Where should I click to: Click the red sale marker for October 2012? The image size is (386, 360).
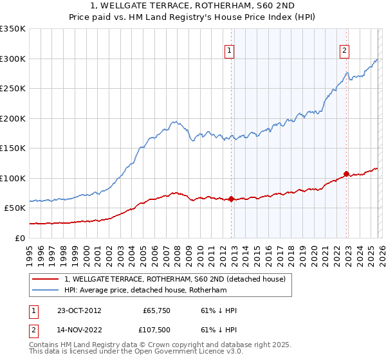pyautogui.click(x=231, y=199)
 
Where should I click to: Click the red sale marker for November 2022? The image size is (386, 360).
pyautogui.click(x=346, y=174)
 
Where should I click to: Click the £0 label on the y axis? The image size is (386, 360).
pyautogui.click(x=19, y=238)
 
